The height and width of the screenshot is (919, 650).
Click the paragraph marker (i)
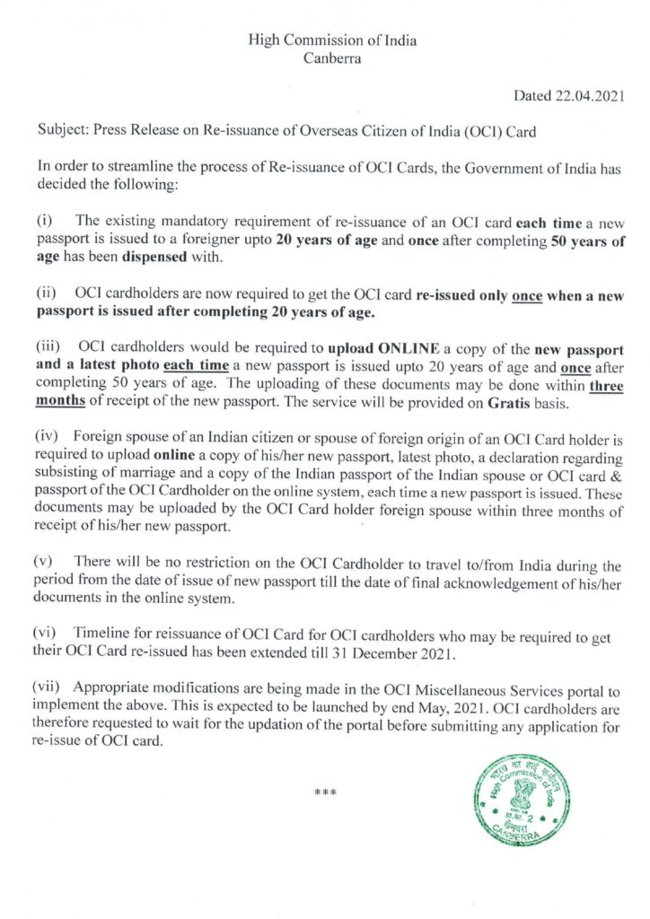click(x=44, y=220)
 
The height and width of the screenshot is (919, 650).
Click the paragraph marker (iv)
click(x=47, y=437)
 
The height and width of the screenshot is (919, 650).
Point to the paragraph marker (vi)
click(x=47, y=635)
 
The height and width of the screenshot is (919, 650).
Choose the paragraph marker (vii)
click(x=49, y=687)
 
